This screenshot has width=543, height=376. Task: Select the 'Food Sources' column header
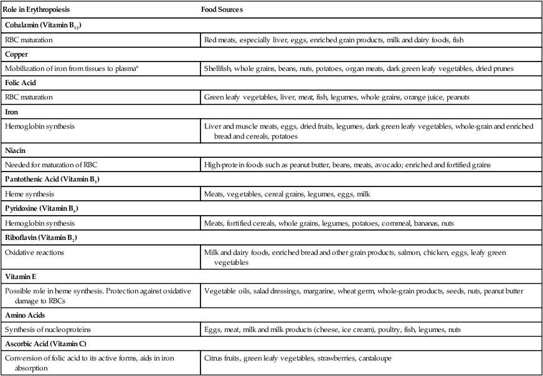point(222,11)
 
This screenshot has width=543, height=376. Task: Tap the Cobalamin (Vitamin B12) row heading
point(44,25)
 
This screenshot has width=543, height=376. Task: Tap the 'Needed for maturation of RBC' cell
point(51,165)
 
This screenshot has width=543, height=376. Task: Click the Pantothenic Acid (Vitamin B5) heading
point(53,180)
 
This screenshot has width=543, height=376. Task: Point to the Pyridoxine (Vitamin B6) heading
point(44,208)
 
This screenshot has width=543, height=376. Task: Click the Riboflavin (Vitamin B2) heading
point(43,237)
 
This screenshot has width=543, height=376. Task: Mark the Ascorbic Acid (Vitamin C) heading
point(47,344)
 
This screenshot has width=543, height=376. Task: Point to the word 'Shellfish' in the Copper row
point(219,68)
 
